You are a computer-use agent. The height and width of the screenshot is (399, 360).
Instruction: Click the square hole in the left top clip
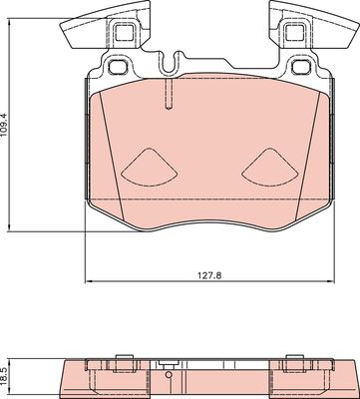click(124, 33)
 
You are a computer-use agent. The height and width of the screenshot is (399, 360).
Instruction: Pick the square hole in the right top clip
click(293, 33)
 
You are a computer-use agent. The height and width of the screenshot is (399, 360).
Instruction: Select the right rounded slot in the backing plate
click(297, 68)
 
